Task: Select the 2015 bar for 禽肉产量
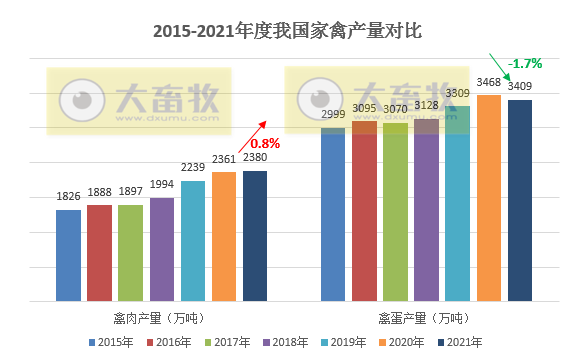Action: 68,255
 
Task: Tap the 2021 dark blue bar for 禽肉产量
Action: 255,235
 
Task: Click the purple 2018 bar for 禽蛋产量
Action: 426,215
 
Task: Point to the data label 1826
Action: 68,196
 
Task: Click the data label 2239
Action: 193,168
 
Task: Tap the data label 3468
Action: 489,82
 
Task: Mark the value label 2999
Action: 333,114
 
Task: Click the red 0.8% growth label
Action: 265,143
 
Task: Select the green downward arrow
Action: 500,65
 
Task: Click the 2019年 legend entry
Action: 354,342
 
